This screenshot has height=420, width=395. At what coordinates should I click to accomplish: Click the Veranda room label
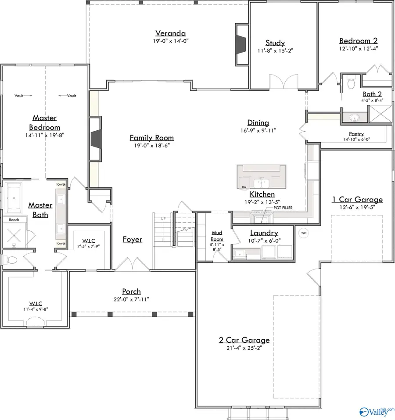170,33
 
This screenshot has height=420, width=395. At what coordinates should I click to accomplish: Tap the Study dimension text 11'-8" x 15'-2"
275,50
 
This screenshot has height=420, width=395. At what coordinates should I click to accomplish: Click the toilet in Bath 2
351,82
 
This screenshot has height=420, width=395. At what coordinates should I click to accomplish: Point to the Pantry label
356,134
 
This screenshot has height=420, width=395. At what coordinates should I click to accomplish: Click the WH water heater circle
303,232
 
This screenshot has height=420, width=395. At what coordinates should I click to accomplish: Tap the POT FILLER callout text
283,208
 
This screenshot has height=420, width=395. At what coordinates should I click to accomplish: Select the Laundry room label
264,233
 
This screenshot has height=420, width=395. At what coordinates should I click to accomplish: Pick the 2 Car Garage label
244,340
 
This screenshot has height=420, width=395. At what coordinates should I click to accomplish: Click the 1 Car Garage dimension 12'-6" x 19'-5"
357,208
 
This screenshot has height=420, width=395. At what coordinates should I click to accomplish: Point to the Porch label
132,291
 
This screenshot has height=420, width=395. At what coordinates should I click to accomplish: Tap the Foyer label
132,240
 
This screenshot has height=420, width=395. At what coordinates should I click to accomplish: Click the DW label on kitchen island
244,187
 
